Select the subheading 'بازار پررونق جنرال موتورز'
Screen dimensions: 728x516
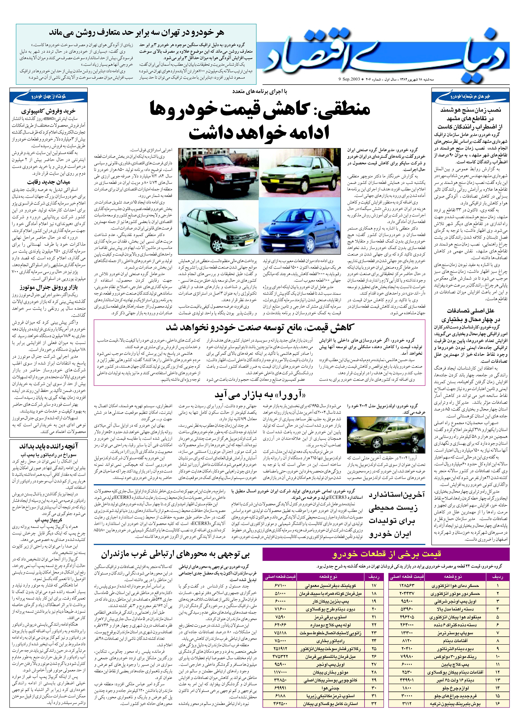point(48,288)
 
